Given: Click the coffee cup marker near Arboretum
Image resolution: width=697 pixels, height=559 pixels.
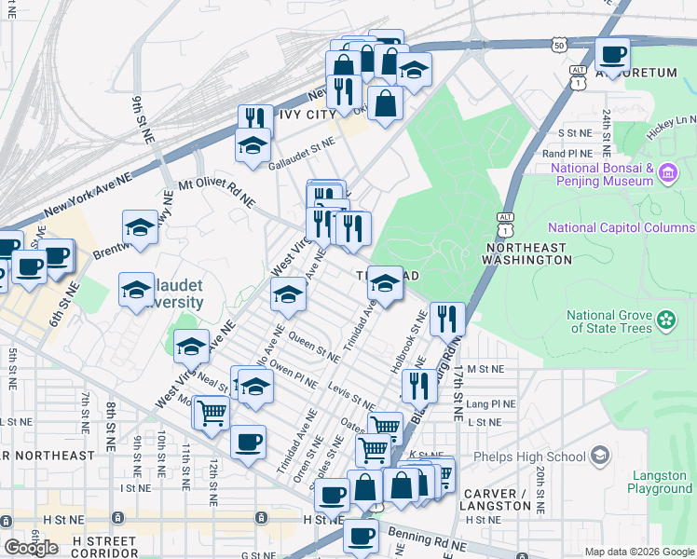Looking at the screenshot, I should click(612, 54).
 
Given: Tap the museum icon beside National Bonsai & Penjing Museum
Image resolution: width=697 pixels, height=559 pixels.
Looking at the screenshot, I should click(667, 173).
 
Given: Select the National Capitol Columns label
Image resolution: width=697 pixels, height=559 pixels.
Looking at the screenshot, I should click(621, 227).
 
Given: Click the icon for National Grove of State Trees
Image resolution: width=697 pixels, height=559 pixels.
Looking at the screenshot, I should click(666, 320).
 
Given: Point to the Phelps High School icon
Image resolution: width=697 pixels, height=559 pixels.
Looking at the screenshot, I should click(600, 456).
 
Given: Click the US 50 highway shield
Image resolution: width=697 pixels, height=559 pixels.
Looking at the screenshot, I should click(558, 45).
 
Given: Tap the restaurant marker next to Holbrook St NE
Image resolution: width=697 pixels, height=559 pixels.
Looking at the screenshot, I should click(447, 320).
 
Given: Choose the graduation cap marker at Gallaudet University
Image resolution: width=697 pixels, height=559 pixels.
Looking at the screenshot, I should click(136, 289).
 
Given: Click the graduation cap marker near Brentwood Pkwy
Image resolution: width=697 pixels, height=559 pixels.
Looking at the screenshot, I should click(140, 226).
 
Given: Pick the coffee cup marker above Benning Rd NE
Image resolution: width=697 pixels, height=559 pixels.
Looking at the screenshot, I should click(361, 537).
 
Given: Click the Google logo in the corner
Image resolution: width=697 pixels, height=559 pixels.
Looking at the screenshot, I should click(31, 547).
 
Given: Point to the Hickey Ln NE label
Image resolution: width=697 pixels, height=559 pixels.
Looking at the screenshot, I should click(673, 121).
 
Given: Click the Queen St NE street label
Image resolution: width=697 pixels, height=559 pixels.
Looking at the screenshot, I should click(314, 348).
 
